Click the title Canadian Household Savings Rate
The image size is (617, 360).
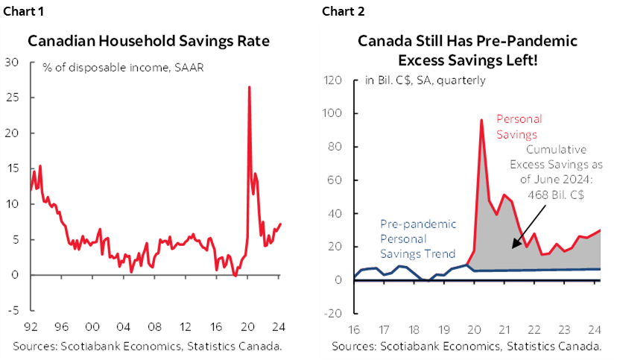pyautogui.click(x=149, y=41)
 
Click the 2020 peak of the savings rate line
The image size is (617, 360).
pyautogui.click(x=248, y=87)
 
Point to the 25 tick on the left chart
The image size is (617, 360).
pyautogui.click(x=13, y=98)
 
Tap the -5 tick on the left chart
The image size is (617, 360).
pyautogui.click(x=13, y=311)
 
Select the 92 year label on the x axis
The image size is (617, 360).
pyautogui.click(x=31, y=326)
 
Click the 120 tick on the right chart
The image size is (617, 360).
pyautogui.click(x=332, y=80)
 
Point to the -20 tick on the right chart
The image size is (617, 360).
pyautogui.click(x=332, y=313)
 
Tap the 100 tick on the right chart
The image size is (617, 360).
pyautogui.click(x=332, y=114)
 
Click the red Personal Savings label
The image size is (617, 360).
pyautogui.click(x=519, y=127)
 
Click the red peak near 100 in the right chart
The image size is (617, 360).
pyautogui.click(x=481, y=120)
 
